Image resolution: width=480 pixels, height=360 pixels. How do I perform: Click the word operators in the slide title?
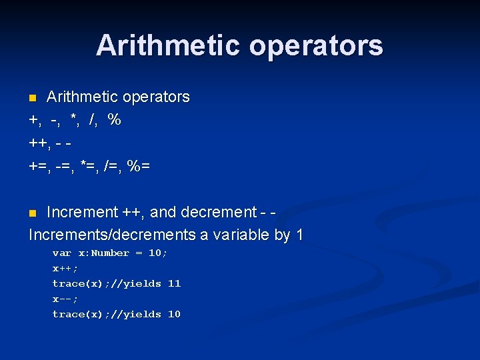coord(316,45)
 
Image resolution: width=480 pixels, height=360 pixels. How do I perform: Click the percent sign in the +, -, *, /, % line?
coord(114,121)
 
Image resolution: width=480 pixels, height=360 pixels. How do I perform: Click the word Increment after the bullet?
coord(82,213)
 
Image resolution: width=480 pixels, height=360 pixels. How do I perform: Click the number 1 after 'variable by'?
coord(299,235)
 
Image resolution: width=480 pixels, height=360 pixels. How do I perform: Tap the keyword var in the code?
coord(62,253)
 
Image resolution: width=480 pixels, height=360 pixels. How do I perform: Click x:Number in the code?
coord(104,253)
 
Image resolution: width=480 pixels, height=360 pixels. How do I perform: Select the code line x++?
coord(65,269)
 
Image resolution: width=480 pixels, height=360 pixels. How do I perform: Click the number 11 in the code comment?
coord(174,284)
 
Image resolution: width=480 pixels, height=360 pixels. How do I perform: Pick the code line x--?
coord(65,299)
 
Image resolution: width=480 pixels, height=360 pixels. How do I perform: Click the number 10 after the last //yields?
coord(174,315)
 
